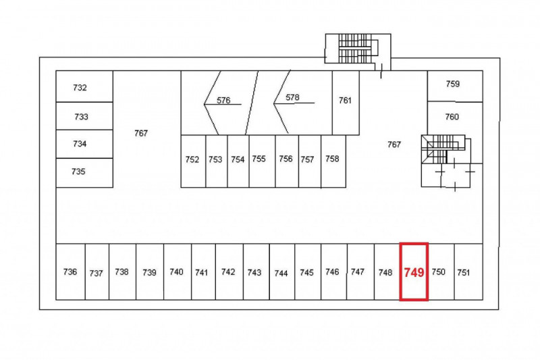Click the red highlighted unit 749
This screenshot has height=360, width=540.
click(x=414, y=272)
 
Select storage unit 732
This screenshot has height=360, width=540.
click(x=84, y=86)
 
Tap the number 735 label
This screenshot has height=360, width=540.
click(x=78, y=171)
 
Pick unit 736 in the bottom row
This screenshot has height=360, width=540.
click(x=71, y=272)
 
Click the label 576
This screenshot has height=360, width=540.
click(x=223, y=100)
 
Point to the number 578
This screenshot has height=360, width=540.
click(x=292, y=97)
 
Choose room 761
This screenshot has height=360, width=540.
click(x=346, y=103)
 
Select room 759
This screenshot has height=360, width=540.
click(x=455, y=86)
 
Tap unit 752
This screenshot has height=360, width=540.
click(x=193, y=161)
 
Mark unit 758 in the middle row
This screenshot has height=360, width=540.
click(x=333, y=161)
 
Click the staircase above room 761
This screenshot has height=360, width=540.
click(x=358, y=49)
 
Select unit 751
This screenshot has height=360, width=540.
click(x=468, y=272)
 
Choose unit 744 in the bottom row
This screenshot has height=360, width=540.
click(x=282, y=272)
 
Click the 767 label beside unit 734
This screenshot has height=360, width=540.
click(x=141, y=133)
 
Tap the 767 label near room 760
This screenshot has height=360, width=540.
click(x=394, y=145)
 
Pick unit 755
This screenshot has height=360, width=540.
click(x=262, y=161)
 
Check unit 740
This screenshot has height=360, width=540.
click(x=178, y=272)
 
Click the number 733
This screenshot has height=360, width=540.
click(x=81, y=117)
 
